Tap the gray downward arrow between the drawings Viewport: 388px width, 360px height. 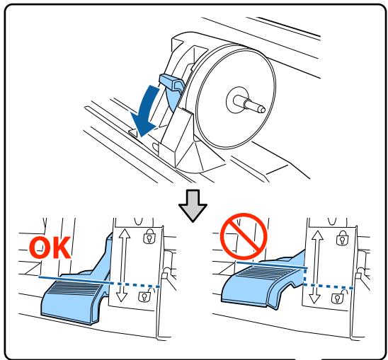coord(193,206)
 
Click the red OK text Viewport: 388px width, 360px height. coord(50,248)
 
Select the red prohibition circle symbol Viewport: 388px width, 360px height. coord(244,236)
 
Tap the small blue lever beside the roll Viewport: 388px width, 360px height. coord(171,84)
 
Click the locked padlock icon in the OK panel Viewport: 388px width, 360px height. coord(149,236)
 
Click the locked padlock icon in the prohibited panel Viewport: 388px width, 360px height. coord(343,238)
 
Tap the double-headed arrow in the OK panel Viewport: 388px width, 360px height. coord(123,265)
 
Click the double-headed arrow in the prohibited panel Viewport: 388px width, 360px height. coord(316,267)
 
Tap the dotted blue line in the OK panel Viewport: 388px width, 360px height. coord(135,284)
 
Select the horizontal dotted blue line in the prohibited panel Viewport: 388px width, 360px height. coord(328,286)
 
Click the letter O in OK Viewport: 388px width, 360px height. coord(40,248)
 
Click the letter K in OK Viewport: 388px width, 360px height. coord(62,248)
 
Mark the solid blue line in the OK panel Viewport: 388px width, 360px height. coord(74,279)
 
